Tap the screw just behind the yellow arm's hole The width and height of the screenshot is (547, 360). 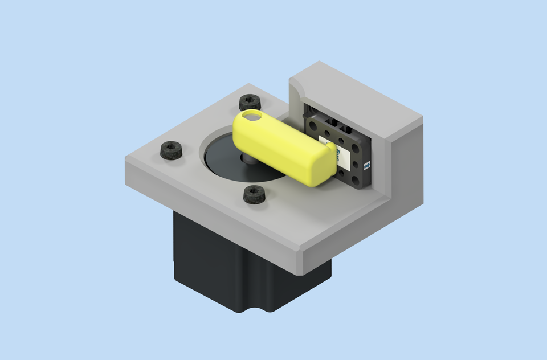click(x=250, y=103)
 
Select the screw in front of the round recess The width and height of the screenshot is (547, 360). click(x=254, y=194)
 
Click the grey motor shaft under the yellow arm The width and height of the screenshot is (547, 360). click(x=249, y=159)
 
